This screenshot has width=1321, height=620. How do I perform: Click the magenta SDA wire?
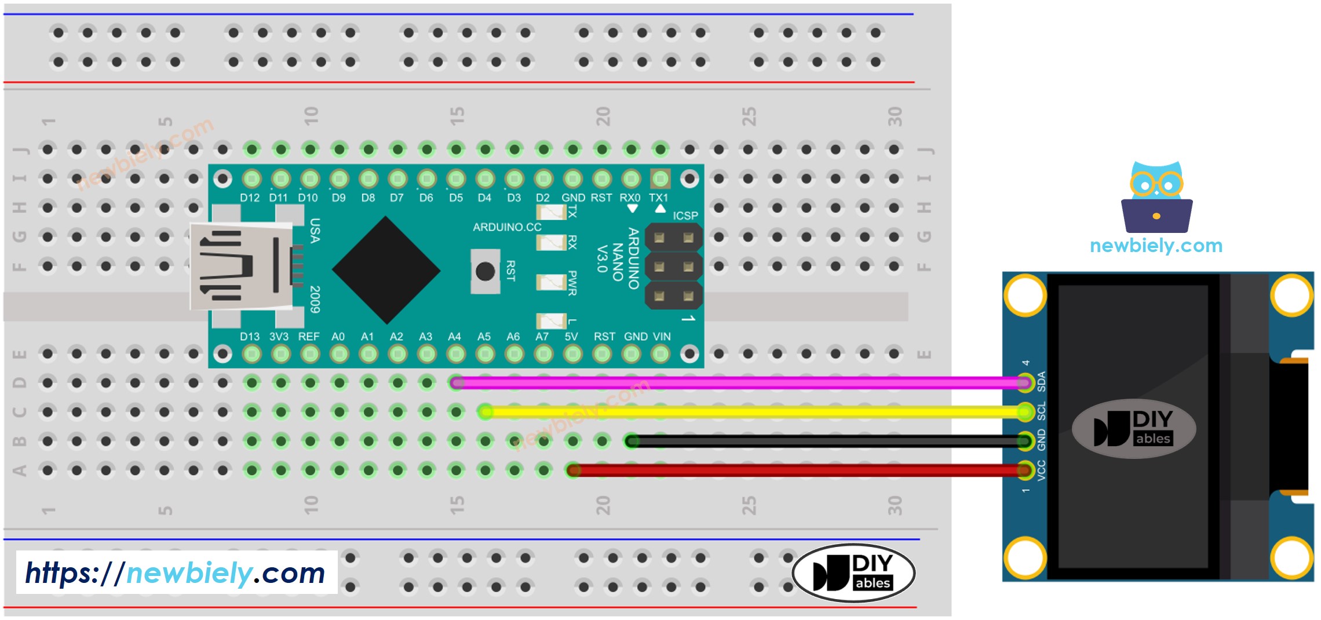click(x=736, y=382)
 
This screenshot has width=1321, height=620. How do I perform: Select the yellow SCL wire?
click(x=753, y=412)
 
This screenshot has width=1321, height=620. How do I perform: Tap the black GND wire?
click(x=823, y=442)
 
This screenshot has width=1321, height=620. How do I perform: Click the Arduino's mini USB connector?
click(x=240, y=267)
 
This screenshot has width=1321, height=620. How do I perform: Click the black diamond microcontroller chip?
click(x=386, y=270)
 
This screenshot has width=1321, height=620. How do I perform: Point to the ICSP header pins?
click(x=673, y=267)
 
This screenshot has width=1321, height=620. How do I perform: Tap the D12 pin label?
click(x=250, y=198)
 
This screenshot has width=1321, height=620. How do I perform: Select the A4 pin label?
click(x=454, y=337)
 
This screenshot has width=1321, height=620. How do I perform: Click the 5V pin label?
click(x=571, y=337)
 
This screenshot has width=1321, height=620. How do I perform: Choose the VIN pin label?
click(x=662, y=337)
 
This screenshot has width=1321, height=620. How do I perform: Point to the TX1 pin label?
click(x=659, y=198)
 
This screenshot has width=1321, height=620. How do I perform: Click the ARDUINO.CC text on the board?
click(x=507, y=227)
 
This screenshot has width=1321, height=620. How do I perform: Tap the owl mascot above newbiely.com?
click(x=1156, y=197)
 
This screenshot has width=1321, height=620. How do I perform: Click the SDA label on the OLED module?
click(x=1041, y=381)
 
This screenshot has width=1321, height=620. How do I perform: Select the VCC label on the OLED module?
click(x=1041, y=471)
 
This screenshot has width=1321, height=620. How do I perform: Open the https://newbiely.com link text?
click(x=176, y=573)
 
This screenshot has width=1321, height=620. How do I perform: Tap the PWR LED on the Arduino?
click(x=551, y=282)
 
